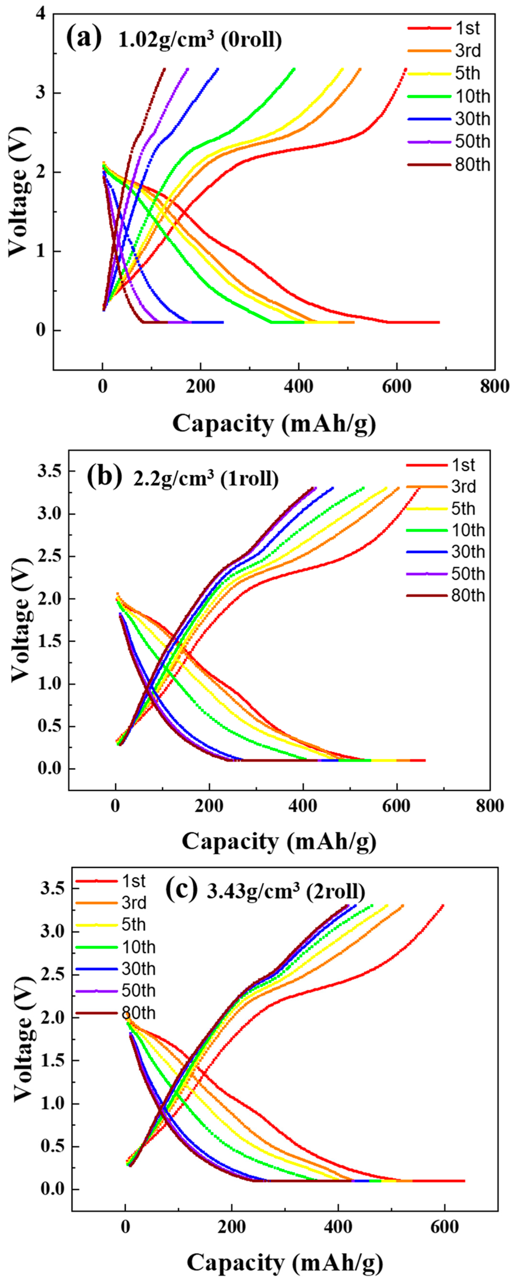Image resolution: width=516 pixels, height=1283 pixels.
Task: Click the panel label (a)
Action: [84, 38]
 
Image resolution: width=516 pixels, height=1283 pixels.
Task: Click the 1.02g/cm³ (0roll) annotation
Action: [200, 40]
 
